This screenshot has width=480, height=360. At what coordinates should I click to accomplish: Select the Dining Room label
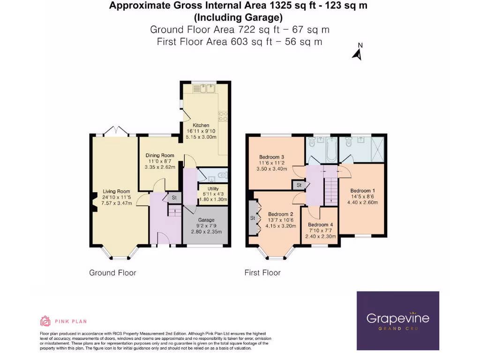pyautogui.click(x=160, y=156)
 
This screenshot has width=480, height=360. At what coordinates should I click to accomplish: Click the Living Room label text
pyautogui.click(x=116, y=191)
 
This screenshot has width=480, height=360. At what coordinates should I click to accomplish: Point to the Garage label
pyautogui.click(x=206, y=220)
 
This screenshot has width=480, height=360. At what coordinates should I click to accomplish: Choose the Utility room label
pyautogui.click(x=213, y=188)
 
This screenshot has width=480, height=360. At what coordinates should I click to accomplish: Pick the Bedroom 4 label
pyautogui.click(x=321, y=225)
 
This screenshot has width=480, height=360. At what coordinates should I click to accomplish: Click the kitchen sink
pyautogui.click(x=204, y=88)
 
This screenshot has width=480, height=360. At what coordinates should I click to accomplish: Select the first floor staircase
pyautogui.click(x=331, y=190)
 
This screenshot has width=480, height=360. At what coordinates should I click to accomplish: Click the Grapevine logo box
pyautogui.click(x=397, y=321)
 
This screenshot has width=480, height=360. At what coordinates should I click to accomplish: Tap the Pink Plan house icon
pyautogui.click(x=45, y=321)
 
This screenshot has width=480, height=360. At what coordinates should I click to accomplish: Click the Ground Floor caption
pyautogui.click(x=112, y=273)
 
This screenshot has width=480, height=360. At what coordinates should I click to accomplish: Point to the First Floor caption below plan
pyautogui.click(x=262, y=273)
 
